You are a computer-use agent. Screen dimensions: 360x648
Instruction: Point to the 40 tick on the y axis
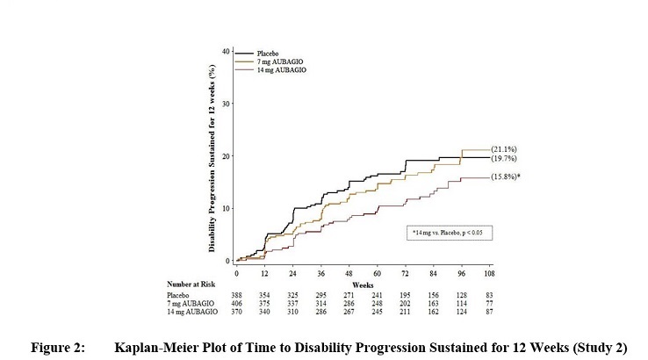click(226, 51)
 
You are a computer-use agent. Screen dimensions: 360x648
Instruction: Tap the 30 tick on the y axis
click(226, 104)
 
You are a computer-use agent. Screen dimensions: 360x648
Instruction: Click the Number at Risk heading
click(191, 284)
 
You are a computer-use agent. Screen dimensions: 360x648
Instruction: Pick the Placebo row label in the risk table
click(180, 296)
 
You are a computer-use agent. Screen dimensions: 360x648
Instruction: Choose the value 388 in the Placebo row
click(236, 296)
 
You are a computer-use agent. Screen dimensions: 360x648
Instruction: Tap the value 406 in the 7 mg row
click(236, 305)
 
